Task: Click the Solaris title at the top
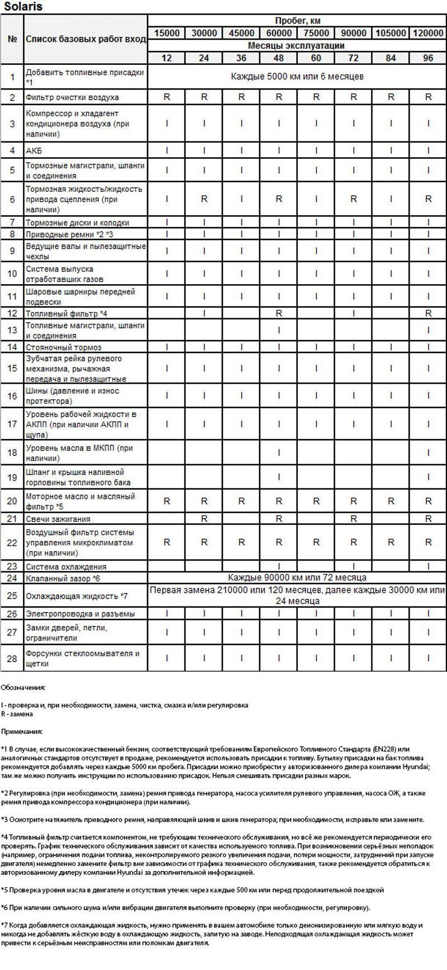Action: [23, 7]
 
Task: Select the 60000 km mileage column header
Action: [279, 33]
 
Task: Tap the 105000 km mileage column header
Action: [391, 33]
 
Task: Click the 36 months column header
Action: [241, 58]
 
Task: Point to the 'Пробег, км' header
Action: [297, 21]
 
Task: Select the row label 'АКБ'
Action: [34, 150]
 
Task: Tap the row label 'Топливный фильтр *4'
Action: [66, 314]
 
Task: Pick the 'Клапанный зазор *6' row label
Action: [63, 578]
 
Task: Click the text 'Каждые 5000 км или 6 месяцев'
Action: [297, 76]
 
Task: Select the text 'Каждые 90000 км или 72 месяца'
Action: [297, 577]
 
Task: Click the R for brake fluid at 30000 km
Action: [204, 199]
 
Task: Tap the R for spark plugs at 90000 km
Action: [353, 519]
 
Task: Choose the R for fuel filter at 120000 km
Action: [428, 313]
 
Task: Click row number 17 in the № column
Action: [12, 424]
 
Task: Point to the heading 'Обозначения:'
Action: [23, 687]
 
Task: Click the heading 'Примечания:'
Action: [22, 731]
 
